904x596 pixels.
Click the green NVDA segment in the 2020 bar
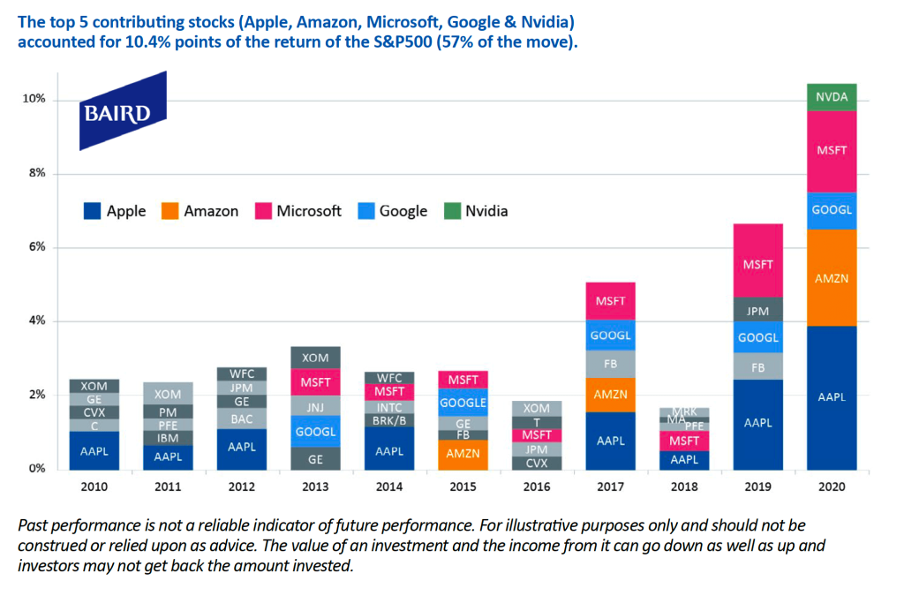(x=832, y=97)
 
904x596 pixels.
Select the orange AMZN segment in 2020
(x=832, y=277)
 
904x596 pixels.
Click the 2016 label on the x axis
(x=536, y=486)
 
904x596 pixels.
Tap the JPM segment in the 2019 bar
(x=757, y=310)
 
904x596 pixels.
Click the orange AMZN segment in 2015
(x=463, y=454)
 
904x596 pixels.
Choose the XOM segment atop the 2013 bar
(x=315, y=358)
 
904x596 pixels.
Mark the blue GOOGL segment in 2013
(x=315, y=432)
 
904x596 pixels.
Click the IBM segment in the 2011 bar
(x=168, y=438)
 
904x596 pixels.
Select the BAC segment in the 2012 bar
(x=242, y=419)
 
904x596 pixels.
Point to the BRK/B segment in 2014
(x=389, y=420)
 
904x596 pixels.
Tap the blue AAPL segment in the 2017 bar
(x=610, y=440)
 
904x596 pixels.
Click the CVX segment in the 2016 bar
(x=536, y=463)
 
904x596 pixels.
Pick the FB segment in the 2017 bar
(x=610, y=364)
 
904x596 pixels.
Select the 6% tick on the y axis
(x=35, y=247)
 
